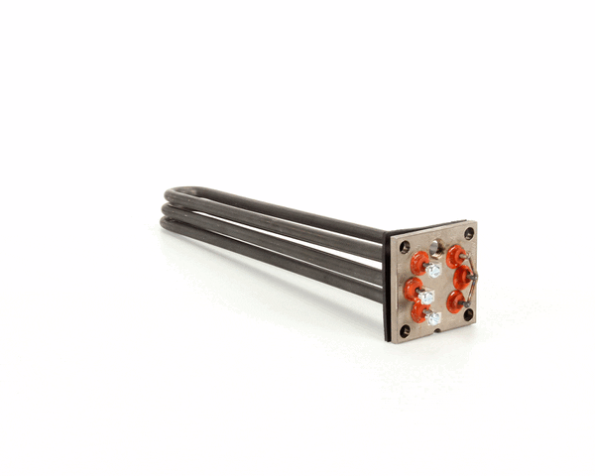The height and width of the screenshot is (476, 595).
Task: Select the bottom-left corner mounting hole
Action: tap(405, 330)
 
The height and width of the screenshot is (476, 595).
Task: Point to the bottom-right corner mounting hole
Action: tap(468, 315)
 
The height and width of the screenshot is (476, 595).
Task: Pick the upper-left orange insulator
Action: tap(419, 263)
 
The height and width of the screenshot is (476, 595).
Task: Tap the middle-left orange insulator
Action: tap(412, 289)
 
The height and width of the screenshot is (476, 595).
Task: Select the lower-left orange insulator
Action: tap(419, 312)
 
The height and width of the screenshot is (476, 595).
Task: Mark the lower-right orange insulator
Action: tap(456, 300)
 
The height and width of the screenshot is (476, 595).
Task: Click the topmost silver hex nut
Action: tap(434, 269)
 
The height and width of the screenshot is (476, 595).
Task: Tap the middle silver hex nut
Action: tap(426, 297)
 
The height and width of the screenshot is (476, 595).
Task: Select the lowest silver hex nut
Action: tap(433, 318)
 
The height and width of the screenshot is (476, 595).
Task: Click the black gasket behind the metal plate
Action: tap(388, 288)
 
